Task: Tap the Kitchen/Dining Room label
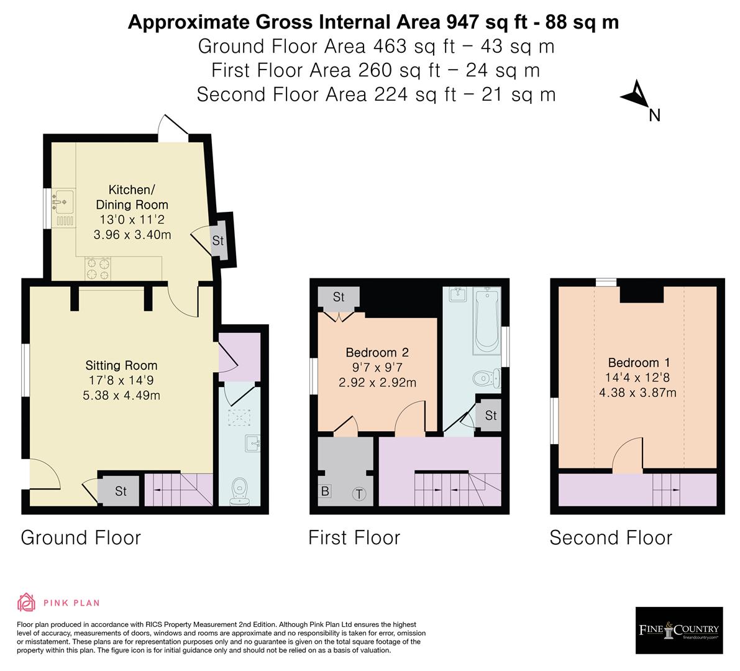point(131,197)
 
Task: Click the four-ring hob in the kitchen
point(99,268)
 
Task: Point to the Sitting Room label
point(121,365)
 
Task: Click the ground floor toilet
point(239,491)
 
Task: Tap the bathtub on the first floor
point(485,320)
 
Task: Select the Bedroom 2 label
point(377,352)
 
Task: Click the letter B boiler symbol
point(325,491)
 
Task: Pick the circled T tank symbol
point(359,494)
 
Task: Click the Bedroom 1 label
point(633,363)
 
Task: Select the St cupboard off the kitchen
point(218,240)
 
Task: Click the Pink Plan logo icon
point(27,602)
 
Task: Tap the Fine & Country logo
point(678,631)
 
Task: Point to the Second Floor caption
point(610,537)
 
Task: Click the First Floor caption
point(354,537)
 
